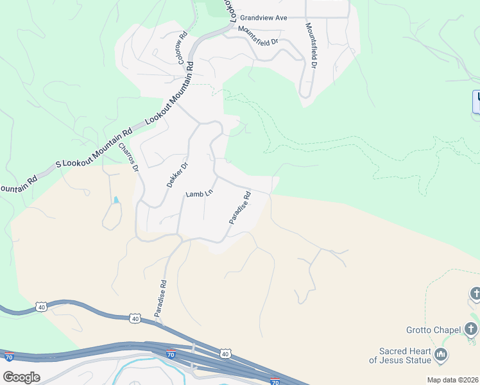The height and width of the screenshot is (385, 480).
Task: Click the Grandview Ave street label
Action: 264,19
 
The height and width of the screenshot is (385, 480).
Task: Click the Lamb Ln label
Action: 199,193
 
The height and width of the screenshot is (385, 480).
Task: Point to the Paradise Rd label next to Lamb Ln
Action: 239,208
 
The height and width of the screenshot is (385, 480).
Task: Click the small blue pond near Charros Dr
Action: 116,200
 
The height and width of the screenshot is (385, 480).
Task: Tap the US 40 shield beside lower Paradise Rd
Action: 135,318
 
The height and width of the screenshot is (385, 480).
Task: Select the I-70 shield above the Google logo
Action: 9,356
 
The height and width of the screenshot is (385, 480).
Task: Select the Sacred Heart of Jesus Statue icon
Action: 441,354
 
